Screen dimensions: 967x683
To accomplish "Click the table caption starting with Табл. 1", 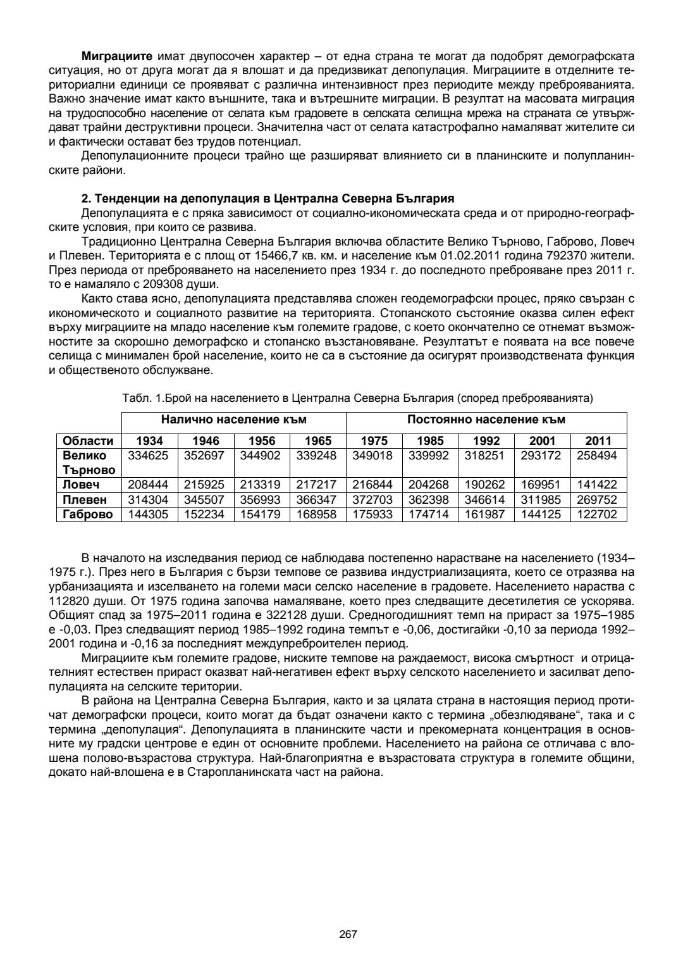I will (x=357, y=398).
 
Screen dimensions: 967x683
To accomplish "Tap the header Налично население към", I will (x=233, y=420).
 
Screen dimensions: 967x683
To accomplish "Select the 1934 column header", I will (x=149, y=441).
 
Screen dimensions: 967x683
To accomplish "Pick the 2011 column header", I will (x=598, y=441).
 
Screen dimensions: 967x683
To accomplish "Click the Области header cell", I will (x=89, y=441).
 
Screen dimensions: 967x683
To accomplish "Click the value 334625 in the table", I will (x=149, y=456).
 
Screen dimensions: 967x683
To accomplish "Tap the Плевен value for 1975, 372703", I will (x=374, y=500).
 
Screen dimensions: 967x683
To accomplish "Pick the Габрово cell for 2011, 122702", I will (x=598, y=515).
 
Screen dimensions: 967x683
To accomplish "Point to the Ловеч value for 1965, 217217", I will (x=317, y=485).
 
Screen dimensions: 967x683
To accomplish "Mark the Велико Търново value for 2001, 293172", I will (x=542, y=456).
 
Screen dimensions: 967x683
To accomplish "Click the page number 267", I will (x=348, y=934).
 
